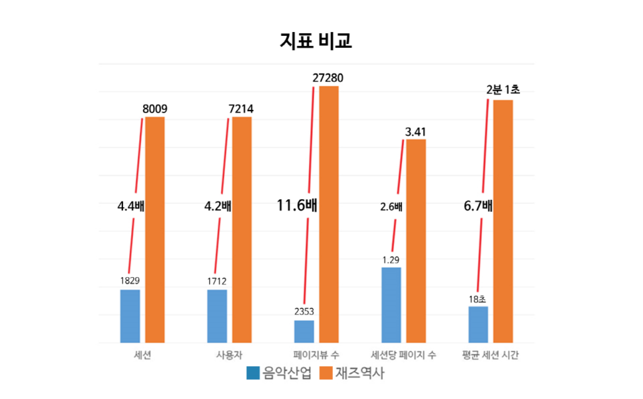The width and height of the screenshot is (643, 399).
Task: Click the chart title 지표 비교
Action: click(x=316, y=41)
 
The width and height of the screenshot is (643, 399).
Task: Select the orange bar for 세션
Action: click(x=155, y=230)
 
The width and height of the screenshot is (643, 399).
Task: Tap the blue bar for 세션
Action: click(x=130, y=316)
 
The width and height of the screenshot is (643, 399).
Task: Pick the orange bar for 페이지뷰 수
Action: click(x=329, y=214)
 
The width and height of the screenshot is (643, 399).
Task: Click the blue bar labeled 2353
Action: click(x=304, y=331)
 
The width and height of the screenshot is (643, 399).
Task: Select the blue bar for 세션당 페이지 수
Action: click(x=391, y=304)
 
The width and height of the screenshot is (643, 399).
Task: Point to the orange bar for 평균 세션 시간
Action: click(x=503, y=221)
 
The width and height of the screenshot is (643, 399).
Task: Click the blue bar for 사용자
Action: click(x=217, y=316)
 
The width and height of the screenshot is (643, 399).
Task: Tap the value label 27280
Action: click(x=328, y=78)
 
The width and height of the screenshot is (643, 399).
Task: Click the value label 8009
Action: click(x=155, y=109)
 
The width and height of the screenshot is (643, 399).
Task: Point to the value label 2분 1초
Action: click(x=503, y=89)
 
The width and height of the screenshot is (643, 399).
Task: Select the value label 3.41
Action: click(x=416, y=131)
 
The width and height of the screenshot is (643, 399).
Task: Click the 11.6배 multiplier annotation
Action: click(x=297, y=205)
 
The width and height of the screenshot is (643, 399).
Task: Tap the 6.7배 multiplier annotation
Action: click(x=478, y=205)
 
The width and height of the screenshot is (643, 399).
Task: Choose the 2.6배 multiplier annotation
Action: click(x=391, y=206)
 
